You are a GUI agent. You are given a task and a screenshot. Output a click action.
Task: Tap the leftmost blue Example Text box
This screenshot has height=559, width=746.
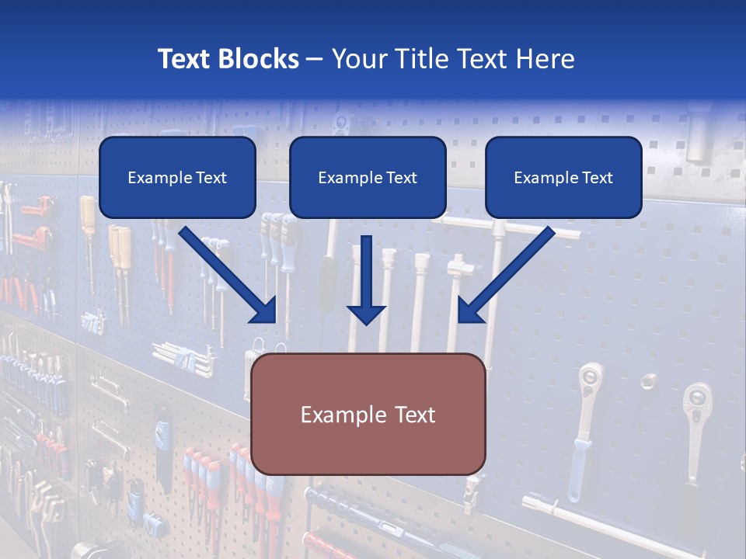click(177, 177)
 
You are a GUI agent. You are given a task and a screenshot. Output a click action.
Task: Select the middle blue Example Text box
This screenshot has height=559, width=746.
click(368, 177)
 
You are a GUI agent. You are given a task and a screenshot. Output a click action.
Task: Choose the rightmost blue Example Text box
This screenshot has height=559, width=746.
click(563, 177)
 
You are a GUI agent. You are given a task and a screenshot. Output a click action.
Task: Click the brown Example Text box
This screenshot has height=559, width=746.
click(368, 414)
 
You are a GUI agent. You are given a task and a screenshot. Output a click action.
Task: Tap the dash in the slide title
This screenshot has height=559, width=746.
click(315, 60)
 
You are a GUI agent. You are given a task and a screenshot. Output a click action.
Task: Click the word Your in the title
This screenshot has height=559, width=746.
click(359, 59)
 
